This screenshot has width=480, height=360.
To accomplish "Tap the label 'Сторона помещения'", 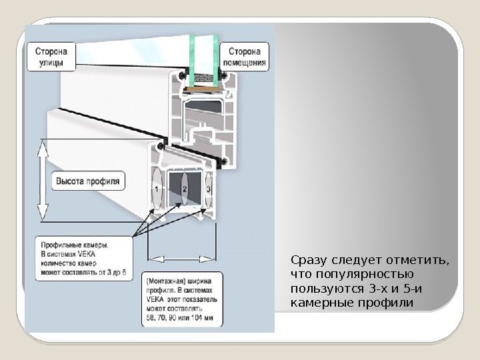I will click(x=248, y=57).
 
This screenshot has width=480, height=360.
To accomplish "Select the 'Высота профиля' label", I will click(x=87, y=180).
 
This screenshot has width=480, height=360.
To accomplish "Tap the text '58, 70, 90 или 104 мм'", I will click(x=178, y=320).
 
